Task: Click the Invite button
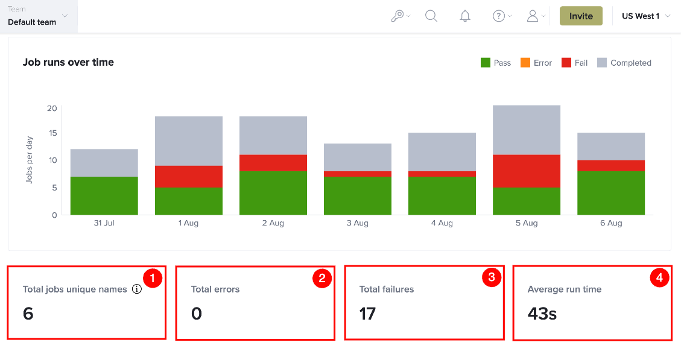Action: pos(581,16)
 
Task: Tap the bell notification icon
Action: pos(464,16)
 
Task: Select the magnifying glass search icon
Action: pos(431,16)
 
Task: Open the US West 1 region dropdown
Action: pos(646,16)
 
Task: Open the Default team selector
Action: pos(38,16)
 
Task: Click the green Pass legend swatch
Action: pos(486,63)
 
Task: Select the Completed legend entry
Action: pos(624,63)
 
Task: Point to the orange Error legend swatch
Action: pos(525,63)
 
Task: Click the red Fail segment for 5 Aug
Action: pos(527,171)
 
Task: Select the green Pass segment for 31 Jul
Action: pos(104,196)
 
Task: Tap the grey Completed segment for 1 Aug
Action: pos(188,141)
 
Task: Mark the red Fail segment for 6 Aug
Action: pos(611,165)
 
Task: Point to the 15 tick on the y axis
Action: pos(52,133)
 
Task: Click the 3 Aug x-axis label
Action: pos(358,223)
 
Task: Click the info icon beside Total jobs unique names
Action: pos(137,289)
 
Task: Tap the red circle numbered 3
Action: pos(492,277)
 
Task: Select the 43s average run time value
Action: pos(542,314)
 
